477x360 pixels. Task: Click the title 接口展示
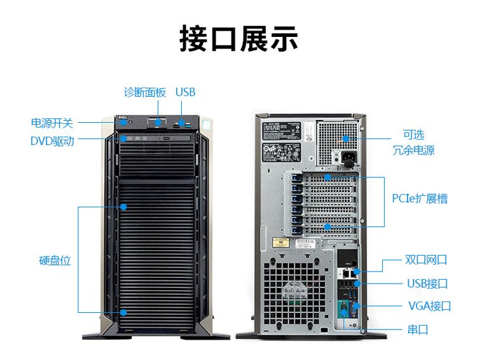238,39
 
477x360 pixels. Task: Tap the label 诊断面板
144,92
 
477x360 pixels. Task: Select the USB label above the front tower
185,92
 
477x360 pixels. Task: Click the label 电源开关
52,123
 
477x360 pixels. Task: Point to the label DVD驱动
52,141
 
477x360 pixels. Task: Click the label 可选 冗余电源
413,143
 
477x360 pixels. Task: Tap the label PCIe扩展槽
419,199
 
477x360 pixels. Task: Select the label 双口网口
426,260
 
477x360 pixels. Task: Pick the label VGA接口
429,306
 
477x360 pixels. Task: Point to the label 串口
417,329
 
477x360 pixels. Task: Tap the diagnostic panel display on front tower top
156,121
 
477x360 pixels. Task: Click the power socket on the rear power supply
347,156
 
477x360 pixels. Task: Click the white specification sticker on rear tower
287,142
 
